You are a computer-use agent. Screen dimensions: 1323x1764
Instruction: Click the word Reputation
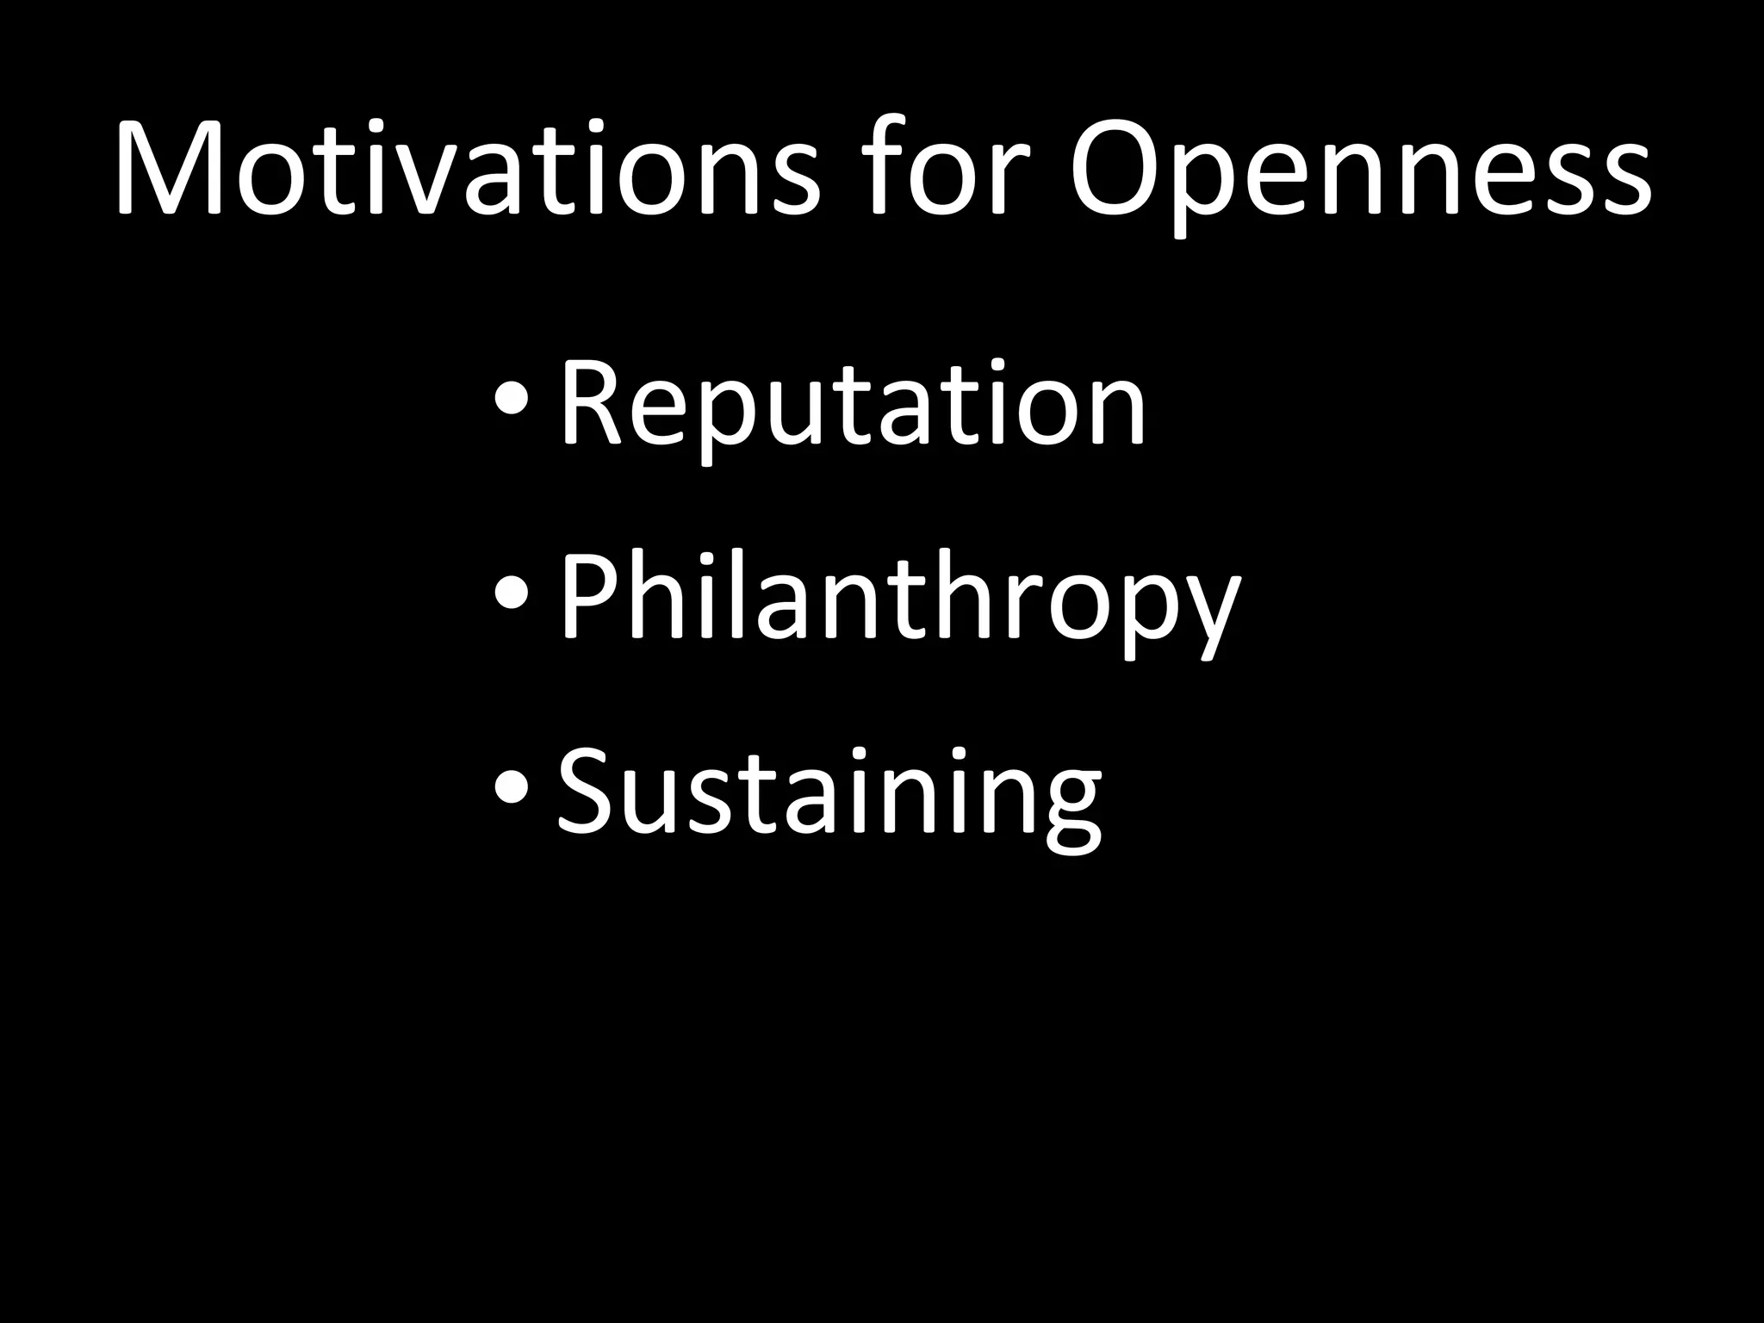[x=853, y=405]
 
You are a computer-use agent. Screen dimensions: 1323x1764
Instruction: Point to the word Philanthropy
[x=899, y=599]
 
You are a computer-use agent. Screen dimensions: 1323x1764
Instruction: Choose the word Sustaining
[x=829, y=792]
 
